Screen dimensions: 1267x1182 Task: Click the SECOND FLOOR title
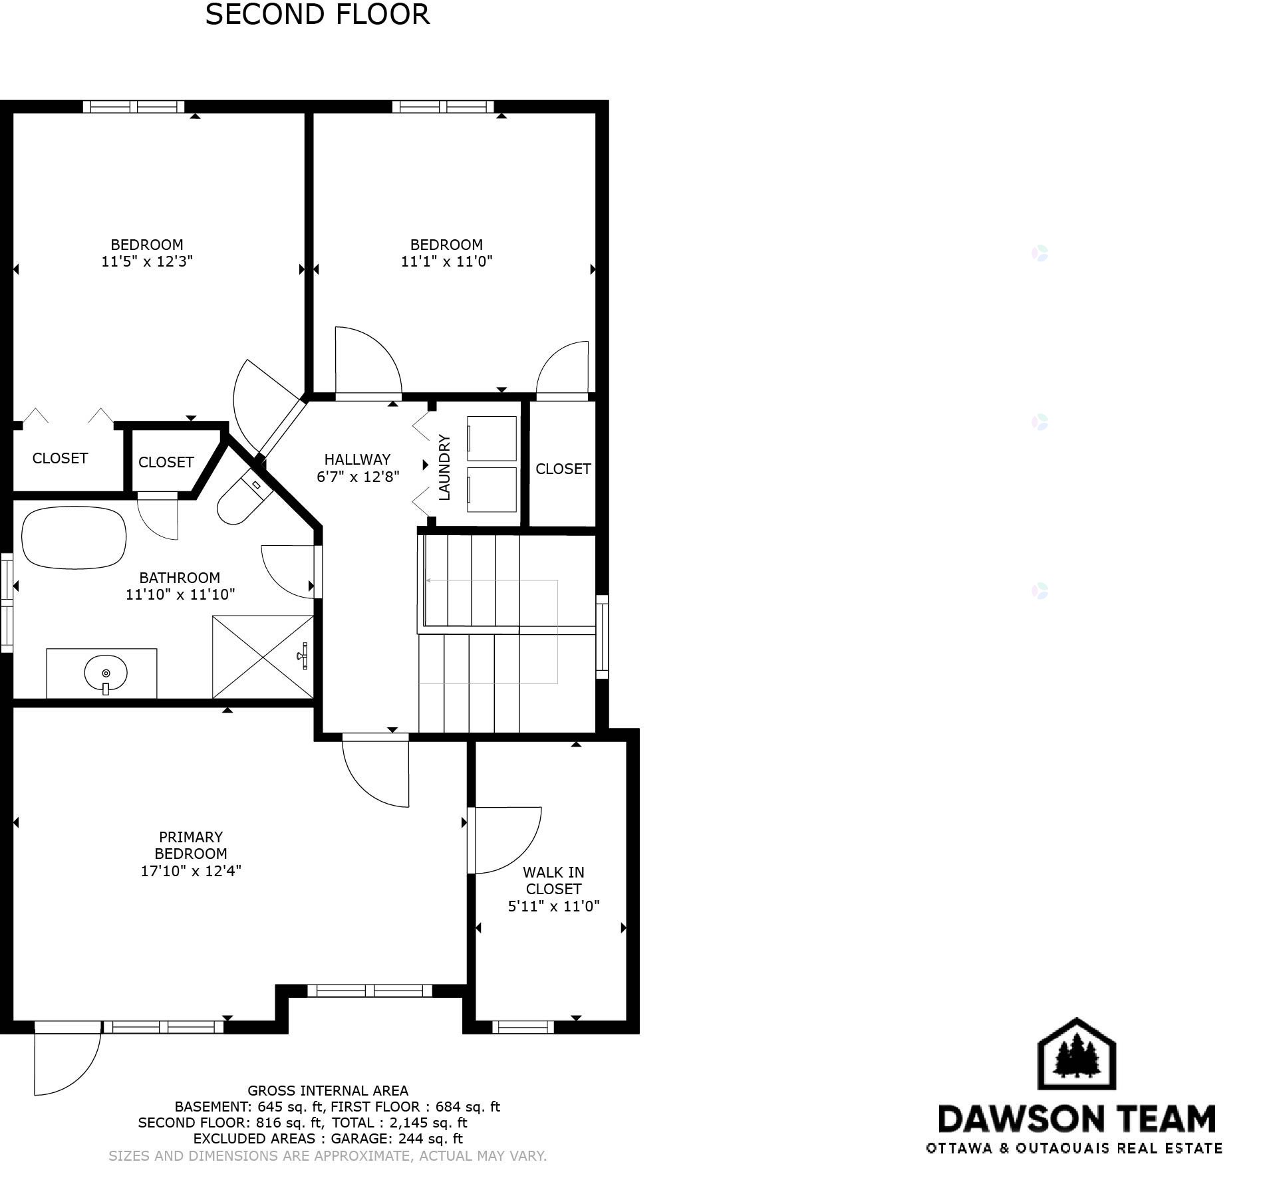click(317, 15)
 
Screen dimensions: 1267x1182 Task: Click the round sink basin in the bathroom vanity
click(106, 673)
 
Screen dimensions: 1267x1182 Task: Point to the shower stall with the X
click(263, 657)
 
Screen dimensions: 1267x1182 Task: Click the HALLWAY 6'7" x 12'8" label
click(358, 468)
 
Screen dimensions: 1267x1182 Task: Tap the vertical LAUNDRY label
click(444, 467)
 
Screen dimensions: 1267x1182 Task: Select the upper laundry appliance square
click(492, 439)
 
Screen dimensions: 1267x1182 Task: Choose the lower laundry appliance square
click(492, 490)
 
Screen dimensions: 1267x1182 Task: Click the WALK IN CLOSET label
click(553, 880)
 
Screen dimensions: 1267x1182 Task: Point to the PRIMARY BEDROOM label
click(191, 845)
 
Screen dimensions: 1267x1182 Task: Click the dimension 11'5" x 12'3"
click(147, 261)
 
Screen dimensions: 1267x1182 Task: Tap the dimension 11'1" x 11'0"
click(446, 261)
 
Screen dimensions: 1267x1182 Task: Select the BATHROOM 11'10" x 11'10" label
click(180, 586)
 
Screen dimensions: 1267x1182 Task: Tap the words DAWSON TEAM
click(1076, 1119)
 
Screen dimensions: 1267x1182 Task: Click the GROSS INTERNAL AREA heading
click(328, 1090)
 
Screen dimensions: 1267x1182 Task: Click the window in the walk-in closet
click(523, 1027)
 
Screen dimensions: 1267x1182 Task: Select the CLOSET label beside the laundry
click(563, 469)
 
